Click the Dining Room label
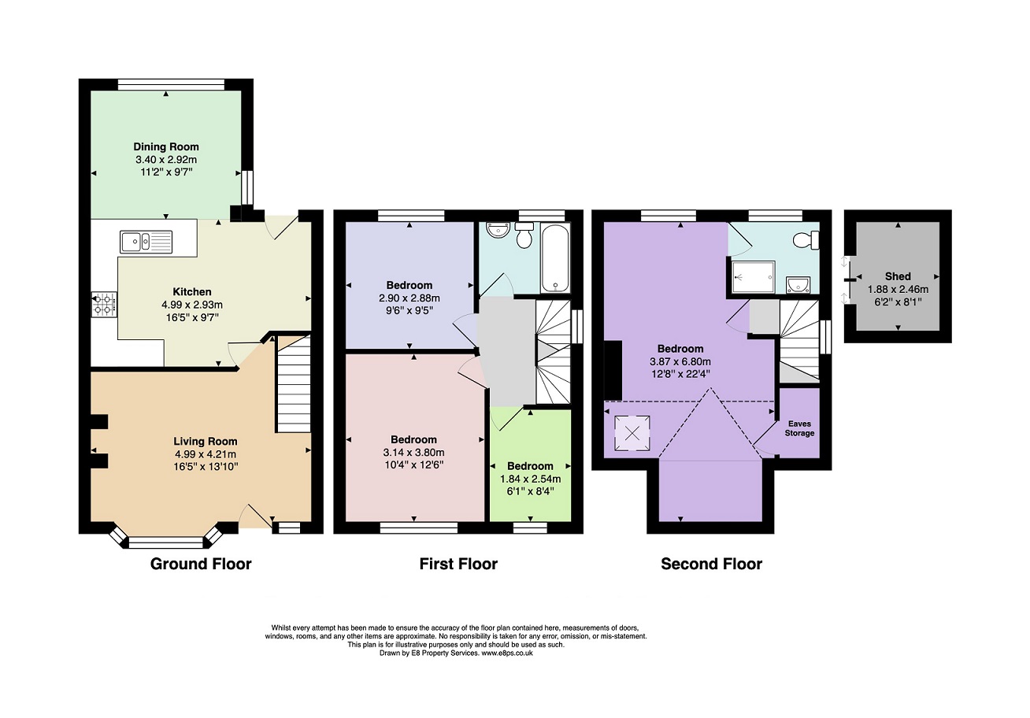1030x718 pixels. coord(166,146)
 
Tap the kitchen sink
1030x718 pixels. coord(146,242)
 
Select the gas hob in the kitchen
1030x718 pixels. coord(105,305)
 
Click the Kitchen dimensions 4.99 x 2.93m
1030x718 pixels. coord(192,305)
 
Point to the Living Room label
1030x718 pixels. coord(206,442)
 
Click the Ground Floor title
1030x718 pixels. coord(201,564)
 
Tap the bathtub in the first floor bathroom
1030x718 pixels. coord(556,258)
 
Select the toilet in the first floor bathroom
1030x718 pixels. coord(524,235)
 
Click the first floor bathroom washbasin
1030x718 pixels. coord(498,229)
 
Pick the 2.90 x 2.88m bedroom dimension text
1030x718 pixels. coord(409,298)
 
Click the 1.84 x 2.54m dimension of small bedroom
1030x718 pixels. coord(530,479)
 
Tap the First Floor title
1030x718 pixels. coord(458,564)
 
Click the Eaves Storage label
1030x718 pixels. coord(799,428)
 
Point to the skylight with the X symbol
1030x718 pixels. coord(632,433)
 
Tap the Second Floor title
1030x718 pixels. coord(711,564)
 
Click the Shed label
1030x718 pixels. coord(898,276)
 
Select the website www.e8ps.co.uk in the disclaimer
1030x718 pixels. coord(507,653)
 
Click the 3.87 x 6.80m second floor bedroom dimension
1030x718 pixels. coord(680,361)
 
